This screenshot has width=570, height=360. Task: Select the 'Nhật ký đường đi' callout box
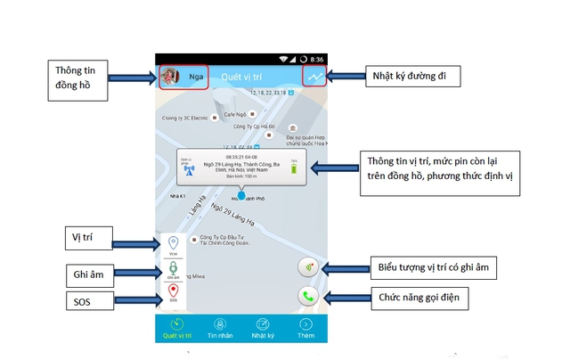[x=411, y=78]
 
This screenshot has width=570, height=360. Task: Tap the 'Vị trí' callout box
[x=93, y=239]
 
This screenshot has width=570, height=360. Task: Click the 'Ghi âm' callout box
[x=91, y=273]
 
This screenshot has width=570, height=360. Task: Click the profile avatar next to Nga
[x=170, y=78]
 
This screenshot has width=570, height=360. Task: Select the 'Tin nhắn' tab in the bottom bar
[x=219, y=328]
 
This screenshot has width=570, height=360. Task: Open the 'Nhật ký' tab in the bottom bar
[x=264, y=328]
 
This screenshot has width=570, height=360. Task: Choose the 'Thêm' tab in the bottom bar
[x=306, y=328]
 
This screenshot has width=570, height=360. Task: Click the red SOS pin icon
[x=173, y=291]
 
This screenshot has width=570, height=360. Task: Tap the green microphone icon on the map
[x=173, y=266]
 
